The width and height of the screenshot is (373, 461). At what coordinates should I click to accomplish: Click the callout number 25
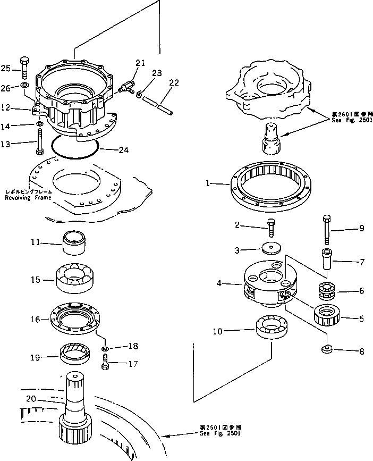click(x=5, y=68)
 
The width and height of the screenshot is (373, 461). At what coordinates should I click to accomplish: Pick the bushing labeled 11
click(x=75, y=242)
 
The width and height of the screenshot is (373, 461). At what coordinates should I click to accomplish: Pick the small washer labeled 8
click(x=326, y=349)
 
